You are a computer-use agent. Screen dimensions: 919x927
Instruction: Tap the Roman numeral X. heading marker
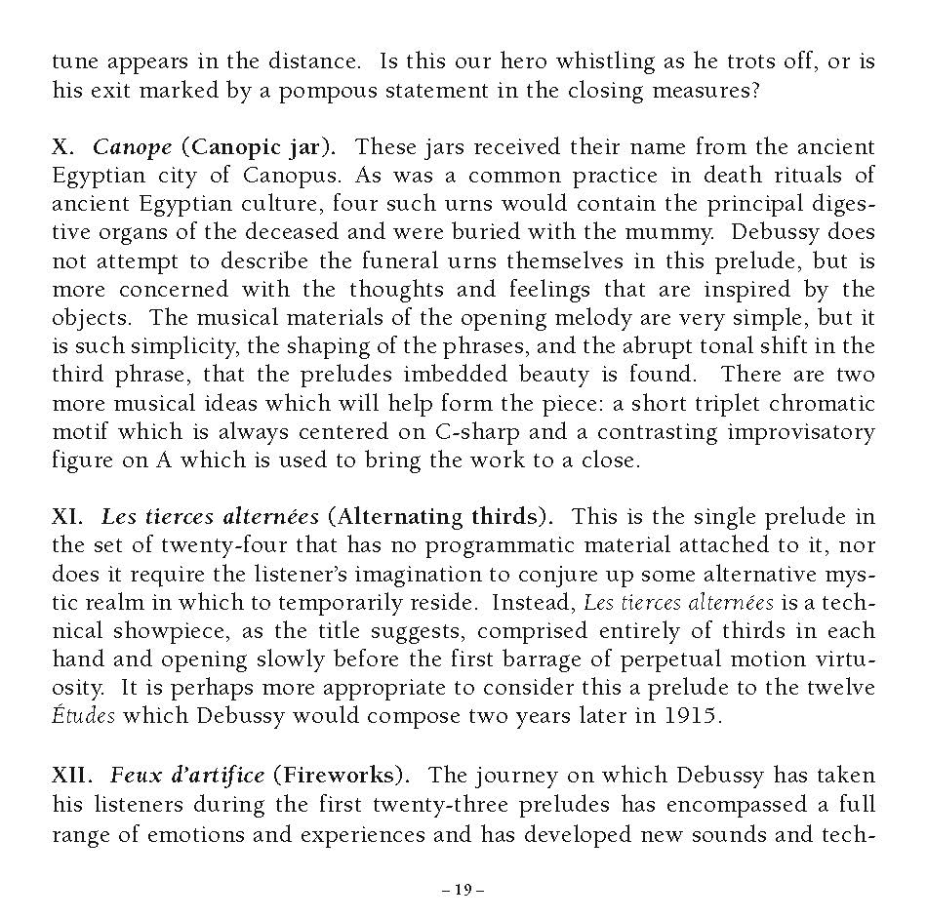click(x=63, y=147)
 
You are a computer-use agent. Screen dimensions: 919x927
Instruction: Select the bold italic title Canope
click(x=132, y=147)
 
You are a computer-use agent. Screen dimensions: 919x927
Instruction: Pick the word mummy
click(x=660, y=232)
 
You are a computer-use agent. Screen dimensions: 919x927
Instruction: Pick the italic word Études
click(x=83, y=716)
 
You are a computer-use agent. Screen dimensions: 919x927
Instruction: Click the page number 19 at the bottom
click(x=463, y=889)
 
